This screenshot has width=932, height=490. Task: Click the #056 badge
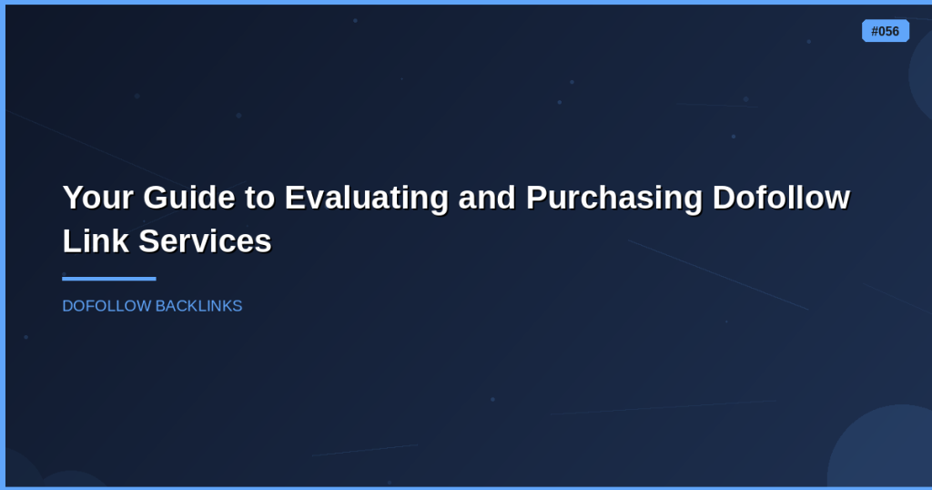pyautogui.click(x=885, y=31)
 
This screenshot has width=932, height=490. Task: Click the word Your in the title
pyautogui.click(x=98, y=198)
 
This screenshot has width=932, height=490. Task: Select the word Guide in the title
pyautogui.click(x=189, y=198)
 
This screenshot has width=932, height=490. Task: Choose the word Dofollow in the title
pyautogui.click(x=781, y=198)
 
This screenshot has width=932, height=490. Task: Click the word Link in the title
pyautogui.click(x=96, y=241)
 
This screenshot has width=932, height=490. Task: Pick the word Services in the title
pyautogui.click(x=205, y=241)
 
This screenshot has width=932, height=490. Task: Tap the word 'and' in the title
pyautogui.click(x=487, y=198)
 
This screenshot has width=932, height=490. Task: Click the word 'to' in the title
pyautogui.click(x=259, y=199)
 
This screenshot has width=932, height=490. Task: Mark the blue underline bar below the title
pyautogui.click(x=109, y=279)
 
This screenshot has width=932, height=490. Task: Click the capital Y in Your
pyautogui.click(x=73, y=198)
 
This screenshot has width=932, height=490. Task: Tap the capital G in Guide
pyautogui.click(x=155, y=198)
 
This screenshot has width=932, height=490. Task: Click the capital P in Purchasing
pyautogui.click(x=536, y=198)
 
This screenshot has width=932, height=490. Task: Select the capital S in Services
pyautogui.click(x=150, y=241)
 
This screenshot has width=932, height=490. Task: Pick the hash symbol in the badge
pyautogui.click(x=875, y=32)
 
